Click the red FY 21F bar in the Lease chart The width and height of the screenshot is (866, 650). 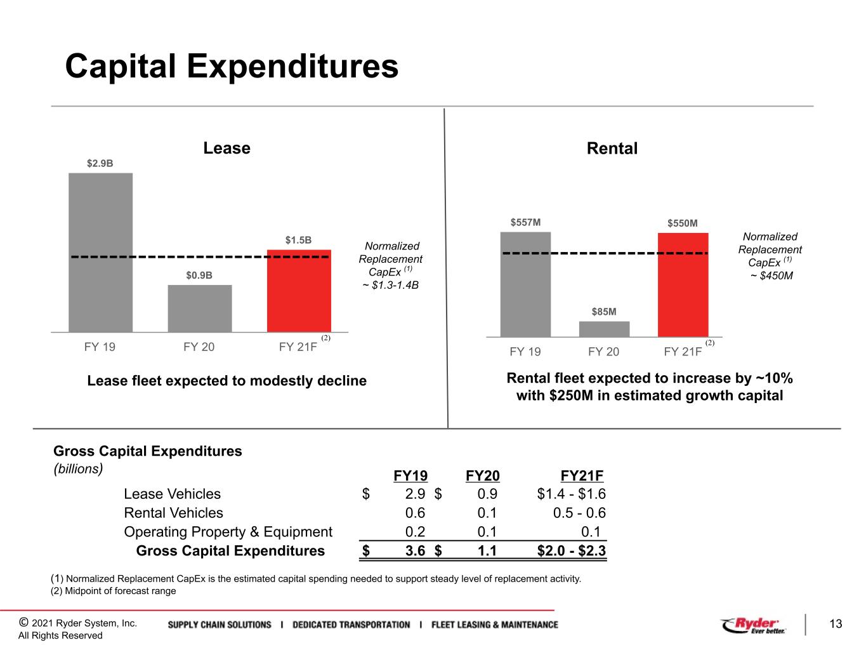pyautogui.click(x=299, y=291)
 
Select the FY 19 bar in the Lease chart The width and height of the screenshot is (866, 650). pyautogui.click(x=101, y=253)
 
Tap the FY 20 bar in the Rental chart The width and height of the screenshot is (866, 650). pyautogui.click(x=604, y=329)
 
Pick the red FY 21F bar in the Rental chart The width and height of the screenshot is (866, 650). pyautogui.click(x=683, y=285)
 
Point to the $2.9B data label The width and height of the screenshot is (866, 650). pyautogui.click(x=100, y=163)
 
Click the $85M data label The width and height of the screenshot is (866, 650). pyautogui.click(x=603, y=312)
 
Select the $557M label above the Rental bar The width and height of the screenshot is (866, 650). pyautogui.click(x=525, y=222)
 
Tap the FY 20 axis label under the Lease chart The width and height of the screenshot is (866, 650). pyautogui.click(x=199, y=347)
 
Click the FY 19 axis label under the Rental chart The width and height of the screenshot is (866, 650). pyautogui.click(x=525, y=352)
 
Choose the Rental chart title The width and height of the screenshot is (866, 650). pyautogui.click(x=612, y=149)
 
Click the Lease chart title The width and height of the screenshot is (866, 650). pyautogui.click(x=227, y=148)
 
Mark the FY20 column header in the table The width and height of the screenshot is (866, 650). pyautogui.click(x=483, y=475)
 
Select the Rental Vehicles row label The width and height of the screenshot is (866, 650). pyautogui.click(x=174, y=513)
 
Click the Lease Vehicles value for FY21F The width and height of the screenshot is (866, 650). pyautogui.click(x=571, y=494)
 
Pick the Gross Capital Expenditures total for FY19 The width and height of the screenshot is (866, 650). pyautogui.click(x=415, y=550)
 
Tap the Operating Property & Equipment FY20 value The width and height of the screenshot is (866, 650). pyautogui.click(x=487, y=531)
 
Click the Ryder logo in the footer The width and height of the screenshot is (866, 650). pyautogui.click(x=753, y=625)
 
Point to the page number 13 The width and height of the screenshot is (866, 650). pyautogui.click(x=836, y=624)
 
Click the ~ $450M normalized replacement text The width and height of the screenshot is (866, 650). pyautogui.click(x=771, y=275)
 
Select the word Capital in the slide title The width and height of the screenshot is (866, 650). pyautogui.click(x=121, y=66)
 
